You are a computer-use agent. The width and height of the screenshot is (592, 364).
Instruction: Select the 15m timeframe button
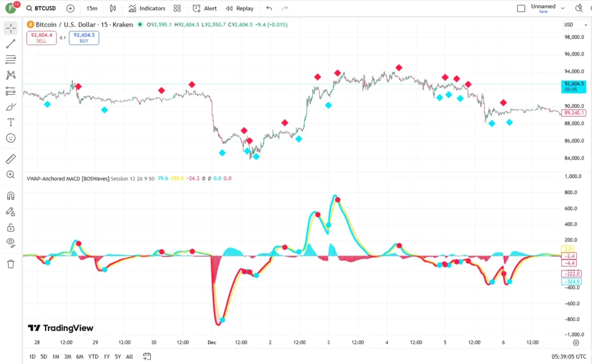pos(91,9)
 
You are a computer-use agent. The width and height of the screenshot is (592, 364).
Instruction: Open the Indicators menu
pos(147,9)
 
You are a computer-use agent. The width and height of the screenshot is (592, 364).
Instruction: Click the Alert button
pos(205,9)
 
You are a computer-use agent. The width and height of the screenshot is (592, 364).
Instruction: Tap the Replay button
pos(240,9)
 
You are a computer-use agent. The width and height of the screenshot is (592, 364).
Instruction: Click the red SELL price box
pos(41,38)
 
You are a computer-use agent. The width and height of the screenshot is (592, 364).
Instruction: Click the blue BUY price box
pos(84,38)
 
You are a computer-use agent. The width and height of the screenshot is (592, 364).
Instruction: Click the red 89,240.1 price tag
pos(574,113)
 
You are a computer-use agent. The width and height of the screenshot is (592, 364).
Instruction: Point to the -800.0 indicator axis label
pos(574,319)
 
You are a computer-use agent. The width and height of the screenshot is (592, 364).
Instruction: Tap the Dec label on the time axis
pos(212,343)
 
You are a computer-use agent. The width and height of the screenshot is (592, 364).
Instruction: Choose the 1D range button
pos(33,356)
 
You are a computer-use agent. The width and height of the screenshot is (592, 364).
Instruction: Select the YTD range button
pos(93,356)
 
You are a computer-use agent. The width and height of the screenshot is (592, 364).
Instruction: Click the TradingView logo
pos(61,328)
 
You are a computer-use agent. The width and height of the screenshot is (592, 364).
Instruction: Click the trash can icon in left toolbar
pos(10,264)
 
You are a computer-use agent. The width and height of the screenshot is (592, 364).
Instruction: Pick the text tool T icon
pos(10,122)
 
